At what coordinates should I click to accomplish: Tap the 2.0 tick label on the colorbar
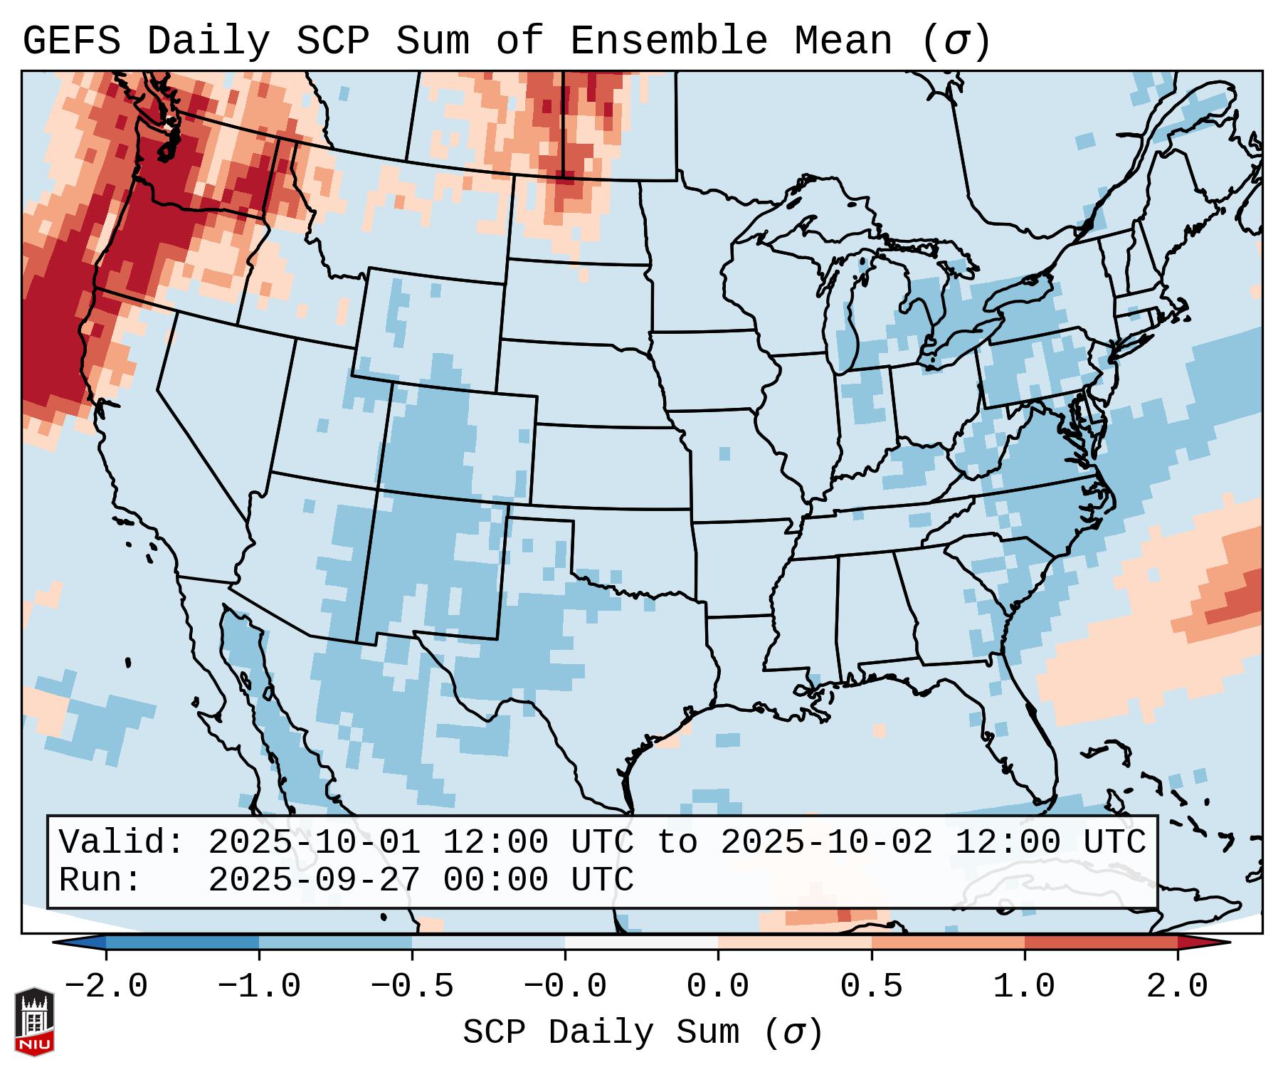1177,987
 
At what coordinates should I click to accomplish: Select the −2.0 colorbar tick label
106,987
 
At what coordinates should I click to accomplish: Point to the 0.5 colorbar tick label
871,987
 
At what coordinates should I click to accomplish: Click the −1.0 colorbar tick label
259,987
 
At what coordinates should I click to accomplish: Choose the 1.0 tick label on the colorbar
1024,987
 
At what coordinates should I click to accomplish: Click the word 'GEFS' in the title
71,41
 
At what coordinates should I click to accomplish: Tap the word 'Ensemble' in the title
668,41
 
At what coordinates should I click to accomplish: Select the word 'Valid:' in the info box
122,843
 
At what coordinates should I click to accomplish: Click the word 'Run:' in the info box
100,881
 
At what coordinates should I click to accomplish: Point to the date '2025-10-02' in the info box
826,843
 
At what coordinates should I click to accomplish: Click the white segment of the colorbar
641,942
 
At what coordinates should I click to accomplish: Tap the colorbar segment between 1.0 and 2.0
1101,942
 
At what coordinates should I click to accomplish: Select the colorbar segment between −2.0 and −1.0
182,942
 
